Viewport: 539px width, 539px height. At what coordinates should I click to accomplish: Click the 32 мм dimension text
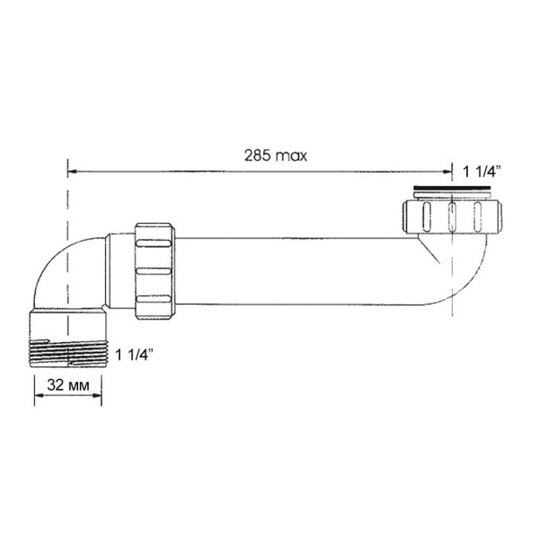click(x=67, y=384)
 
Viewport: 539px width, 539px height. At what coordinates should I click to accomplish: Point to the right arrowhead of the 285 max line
click(x=448, y=170)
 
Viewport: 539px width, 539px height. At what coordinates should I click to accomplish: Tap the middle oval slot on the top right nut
click(x=454, y=217)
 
